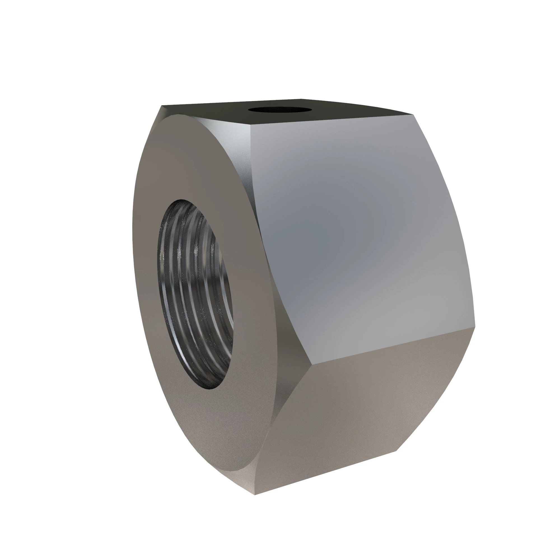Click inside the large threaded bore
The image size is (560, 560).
195,293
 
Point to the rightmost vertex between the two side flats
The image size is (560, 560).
475,328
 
